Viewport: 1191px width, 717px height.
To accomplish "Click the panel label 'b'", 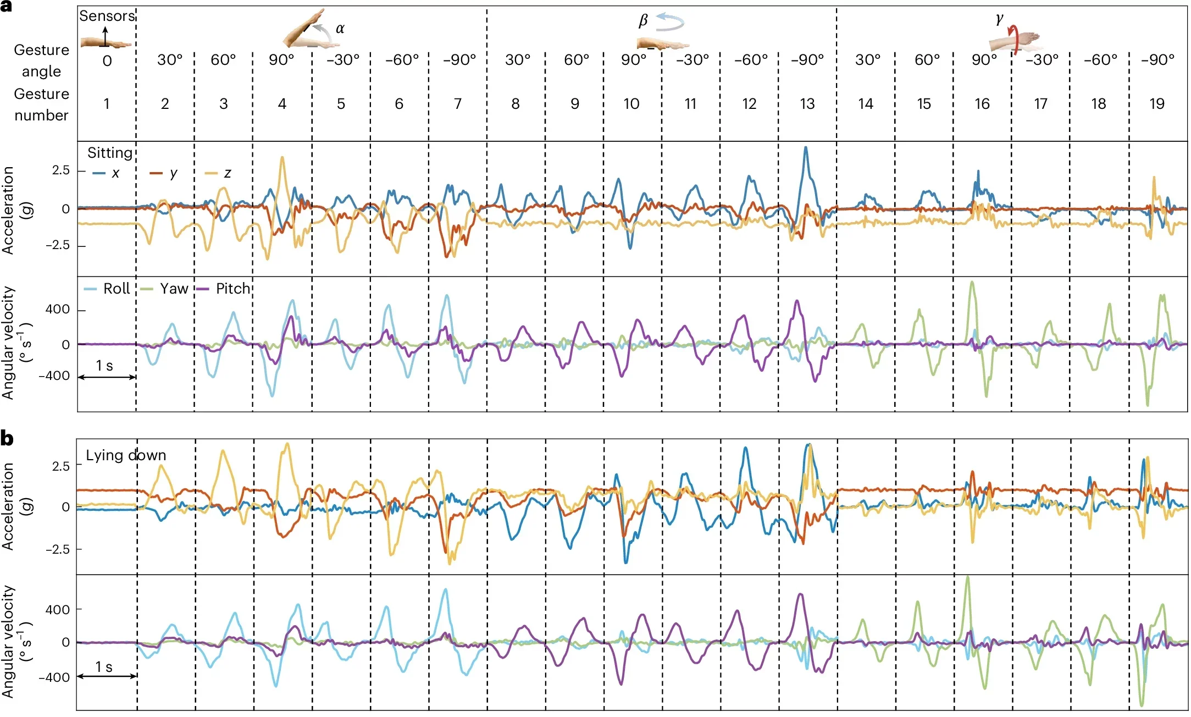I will pos(7,439).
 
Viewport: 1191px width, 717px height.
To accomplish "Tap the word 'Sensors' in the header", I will pos(107,16).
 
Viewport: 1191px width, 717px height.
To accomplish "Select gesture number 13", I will pos(807,104).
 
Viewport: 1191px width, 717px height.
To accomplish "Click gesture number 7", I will pos(457,104).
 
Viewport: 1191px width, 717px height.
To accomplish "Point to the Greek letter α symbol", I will pos(340,29).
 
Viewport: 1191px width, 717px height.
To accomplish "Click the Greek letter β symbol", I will pos(643,21).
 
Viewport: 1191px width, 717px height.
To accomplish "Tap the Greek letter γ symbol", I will pos(999,19).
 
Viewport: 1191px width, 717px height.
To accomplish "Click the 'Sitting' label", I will pos(110,153).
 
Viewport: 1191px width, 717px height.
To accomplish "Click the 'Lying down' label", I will pos(126,455).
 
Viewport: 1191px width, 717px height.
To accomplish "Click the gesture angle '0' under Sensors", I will pos(107,60).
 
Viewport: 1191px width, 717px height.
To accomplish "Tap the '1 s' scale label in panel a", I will pos(104,366).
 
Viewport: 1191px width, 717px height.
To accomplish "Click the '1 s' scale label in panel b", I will pos(104,667).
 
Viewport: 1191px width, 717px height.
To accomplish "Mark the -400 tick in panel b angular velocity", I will pos(54,677).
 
